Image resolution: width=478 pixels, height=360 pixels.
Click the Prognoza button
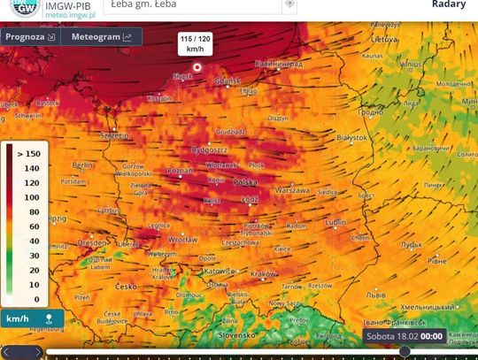pyautogui.click(x=28, y=37)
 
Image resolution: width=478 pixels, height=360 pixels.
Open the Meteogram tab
pyautogui.click(x=100, y=37)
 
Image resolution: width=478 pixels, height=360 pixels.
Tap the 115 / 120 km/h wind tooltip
pyautogui.click(x=196, y=43)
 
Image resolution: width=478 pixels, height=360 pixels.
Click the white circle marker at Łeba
pyautogui.click(x=197, y=66)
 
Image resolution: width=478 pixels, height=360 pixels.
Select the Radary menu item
pyautogui.click(x=449, y=4)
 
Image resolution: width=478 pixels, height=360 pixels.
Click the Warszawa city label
pyautogui.click(x=292, y=190)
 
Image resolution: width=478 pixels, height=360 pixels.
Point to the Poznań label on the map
pyautogui.click(x=180, y=170)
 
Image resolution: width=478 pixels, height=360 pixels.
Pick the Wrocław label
pyautogui.click(x=182, y=240)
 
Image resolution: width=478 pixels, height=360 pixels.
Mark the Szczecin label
pyautogui.click(x=115, y=135)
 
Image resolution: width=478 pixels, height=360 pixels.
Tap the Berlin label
pyautogui.click(x=82, y=165)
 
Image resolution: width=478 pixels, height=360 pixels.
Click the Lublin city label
pyautogui.click(x=335, y=222)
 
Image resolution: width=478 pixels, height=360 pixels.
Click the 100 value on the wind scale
pyautogui.click(x=31, y=197)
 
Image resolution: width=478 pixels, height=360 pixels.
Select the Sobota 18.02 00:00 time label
pyautogui.click(x=404, y=336)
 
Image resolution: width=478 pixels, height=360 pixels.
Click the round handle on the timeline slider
pyautogui.click(x=405, y=351)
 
